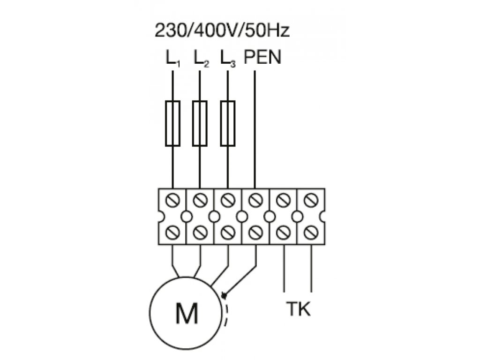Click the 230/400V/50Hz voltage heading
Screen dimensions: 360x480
pyautogui.click(x=222, y=31)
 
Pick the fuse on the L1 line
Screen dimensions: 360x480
pyautogui.click(x=173, y=123)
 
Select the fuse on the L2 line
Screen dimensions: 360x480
pyautogui.click(x=200, y=123)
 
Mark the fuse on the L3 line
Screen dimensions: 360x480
pyautogui.click(x=228, y=123)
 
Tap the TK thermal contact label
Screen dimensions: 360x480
pyautogui.click(x=298, y=310)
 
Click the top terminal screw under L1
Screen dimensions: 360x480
pyautogui.click(x=173, y=201)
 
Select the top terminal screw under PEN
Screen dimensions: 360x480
pyautogui.click(x=255, y=201)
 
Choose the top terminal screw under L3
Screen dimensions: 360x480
pyautogui.click(x=228, y=201)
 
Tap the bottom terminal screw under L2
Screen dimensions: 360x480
pyautogui.click(x=200, y=232)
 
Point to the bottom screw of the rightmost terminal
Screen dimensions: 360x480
pyautogui.click(x=310, y=232)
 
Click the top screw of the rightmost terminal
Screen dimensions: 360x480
pyautogui.click(x=310, y=201)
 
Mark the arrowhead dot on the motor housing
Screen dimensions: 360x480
pyautogui.click(x=224, y=296)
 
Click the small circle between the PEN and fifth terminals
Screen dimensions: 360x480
pyautogui.click(x=269, y=217)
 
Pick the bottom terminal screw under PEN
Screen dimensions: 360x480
pyautogui.click(x=255, y=232)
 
